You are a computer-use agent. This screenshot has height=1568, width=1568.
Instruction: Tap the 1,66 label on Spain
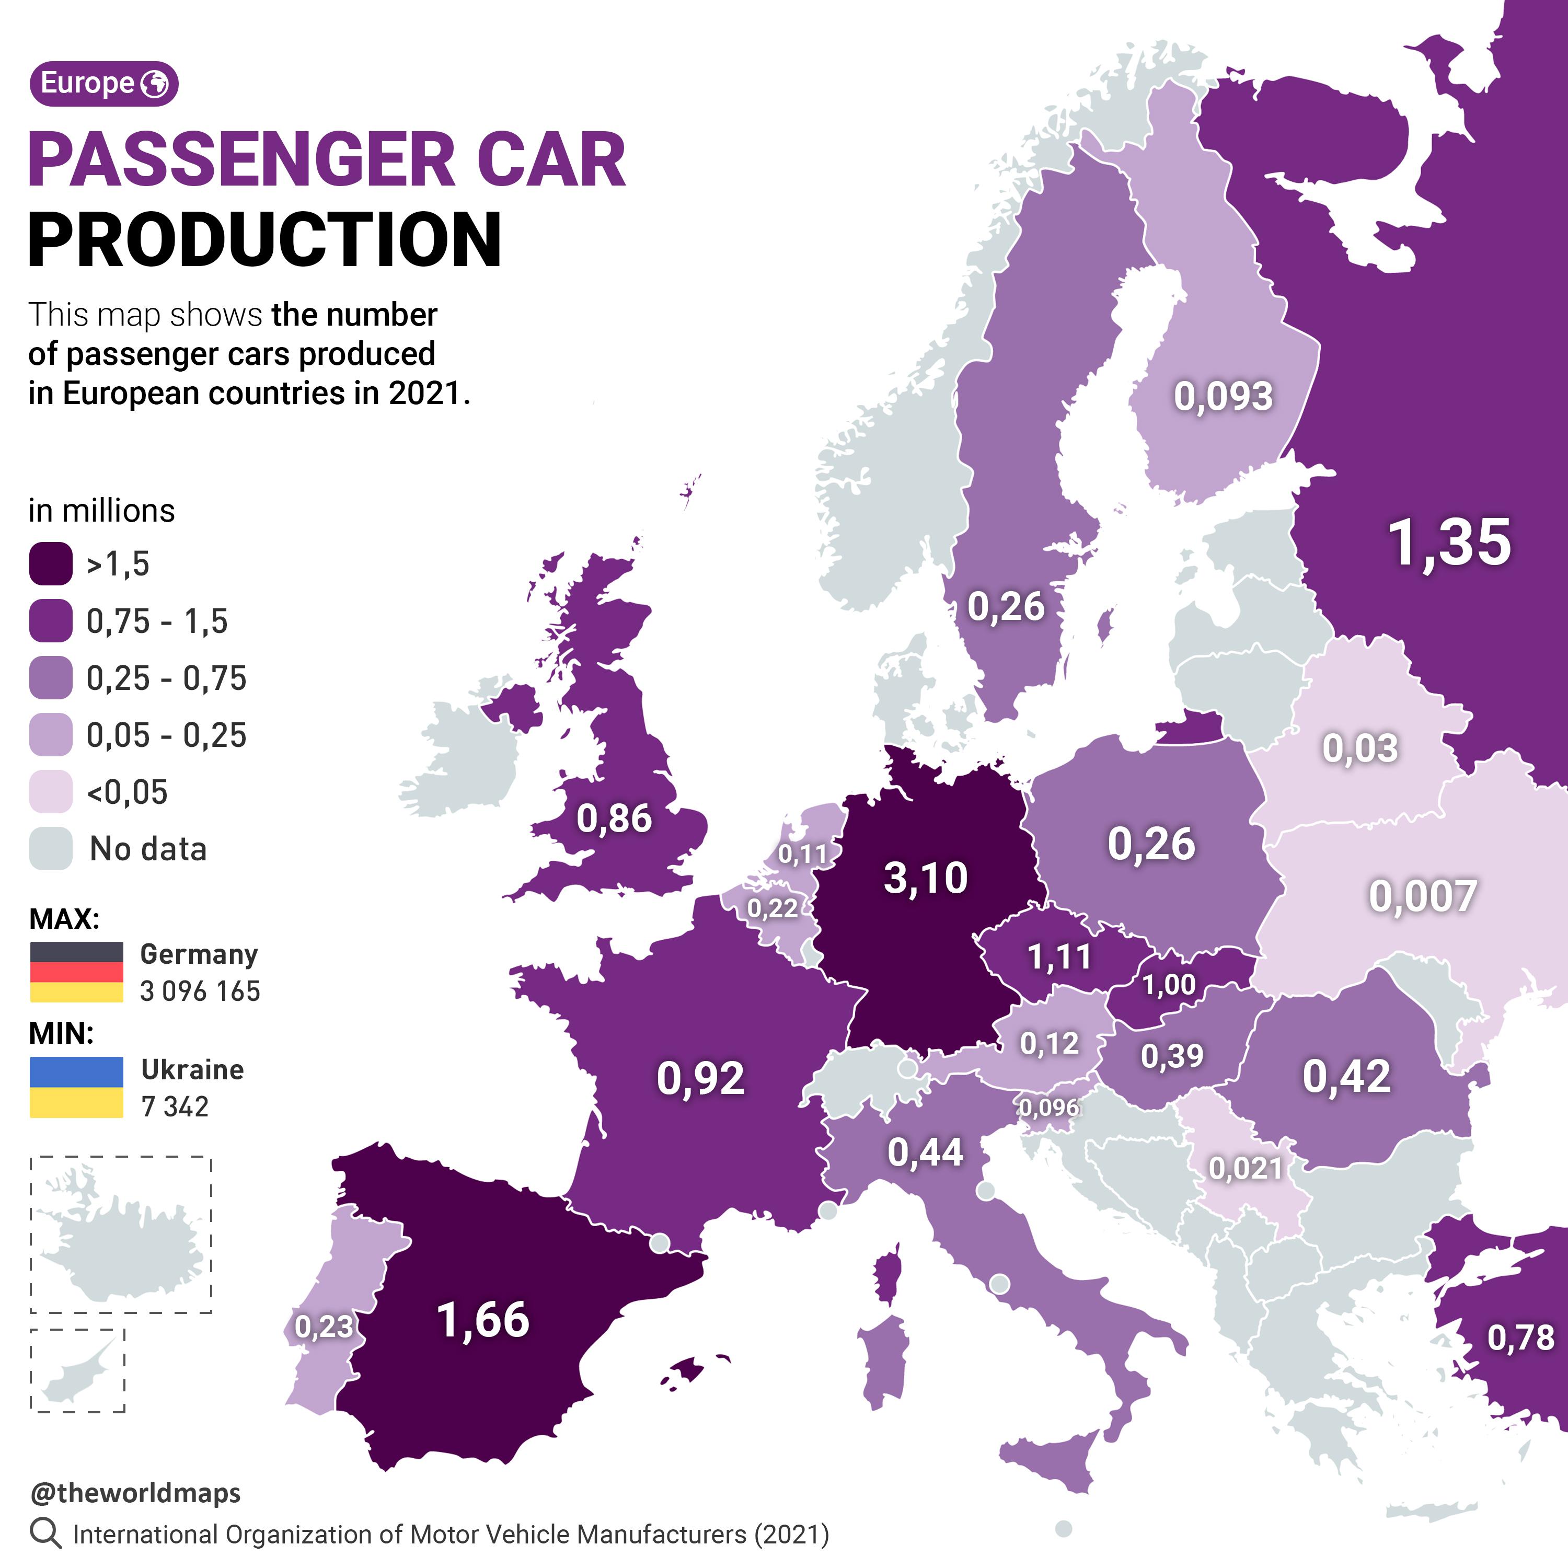(x=483, y=1320)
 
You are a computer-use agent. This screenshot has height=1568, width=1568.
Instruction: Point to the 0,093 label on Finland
(x=1223, y=396)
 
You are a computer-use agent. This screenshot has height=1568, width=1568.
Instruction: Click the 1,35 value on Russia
(x=1449, y=542)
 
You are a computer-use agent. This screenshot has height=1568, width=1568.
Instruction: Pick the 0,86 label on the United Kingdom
(x=614, y=818)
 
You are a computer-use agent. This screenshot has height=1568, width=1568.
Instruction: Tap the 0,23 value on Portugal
(x=324, y=1326)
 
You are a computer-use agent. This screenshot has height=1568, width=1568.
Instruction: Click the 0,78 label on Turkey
(x=1520, y=1338)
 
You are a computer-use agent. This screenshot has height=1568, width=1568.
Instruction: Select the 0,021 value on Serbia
(x=1245, y=1168)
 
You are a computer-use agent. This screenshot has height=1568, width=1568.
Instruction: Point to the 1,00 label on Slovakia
(x=1169, y=985)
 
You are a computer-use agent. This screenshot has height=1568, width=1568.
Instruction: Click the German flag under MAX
(x=76, y=972)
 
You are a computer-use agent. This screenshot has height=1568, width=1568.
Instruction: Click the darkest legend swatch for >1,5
(x=50, y=564)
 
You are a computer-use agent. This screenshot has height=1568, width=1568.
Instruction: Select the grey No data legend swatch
(x=50, y=849)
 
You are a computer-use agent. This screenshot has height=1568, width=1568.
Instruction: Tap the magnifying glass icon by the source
(x=45, y=1533)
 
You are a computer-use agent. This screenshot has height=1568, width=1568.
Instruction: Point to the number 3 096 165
(x=200, y=991)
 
